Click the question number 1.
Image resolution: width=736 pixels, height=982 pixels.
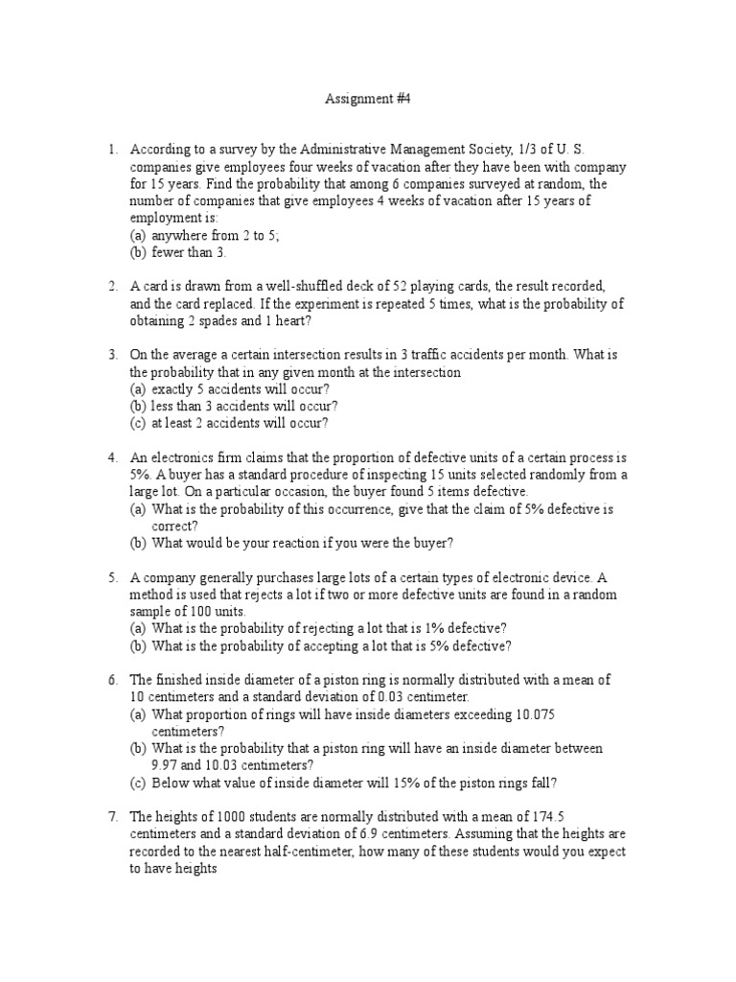pyautogui.click(x=112, y=149)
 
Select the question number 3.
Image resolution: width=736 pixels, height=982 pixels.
pyautogui.click(x=112, y=356)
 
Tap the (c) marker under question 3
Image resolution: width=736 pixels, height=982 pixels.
pyautogui.click(x=139, y=424)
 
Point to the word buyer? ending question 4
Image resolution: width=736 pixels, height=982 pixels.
pyautogui.click(x=430, y=544)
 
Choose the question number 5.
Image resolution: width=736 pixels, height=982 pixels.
pyautogui.click(x=112, y=578)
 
